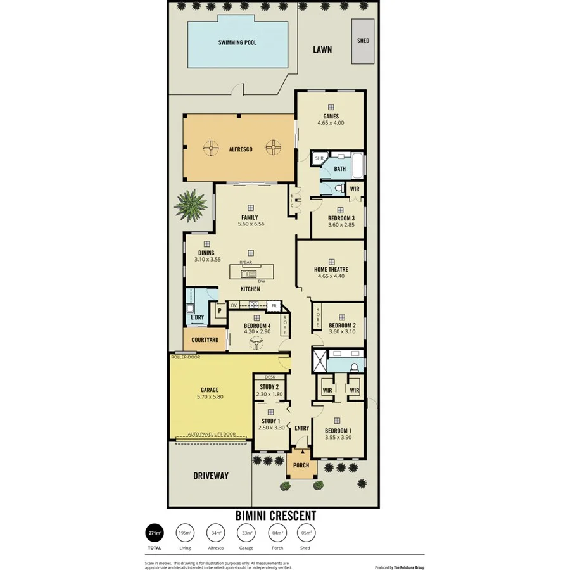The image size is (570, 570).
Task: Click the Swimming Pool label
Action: [237, 43]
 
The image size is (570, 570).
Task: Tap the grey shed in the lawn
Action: [363, 41]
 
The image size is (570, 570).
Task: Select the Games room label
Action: [331, 117]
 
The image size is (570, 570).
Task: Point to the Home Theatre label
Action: [331, 269]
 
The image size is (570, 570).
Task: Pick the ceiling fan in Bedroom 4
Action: [256, 343]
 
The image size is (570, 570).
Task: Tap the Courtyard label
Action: [205, 340]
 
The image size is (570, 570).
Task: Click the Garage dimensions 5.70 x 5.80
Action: [210, 397]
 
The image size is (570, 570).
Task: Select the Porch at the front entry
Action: [301, 465]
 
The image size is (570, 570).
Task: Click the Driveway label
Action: [210, 475]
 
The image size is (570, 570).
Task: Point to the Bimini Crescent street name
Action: [275, 516]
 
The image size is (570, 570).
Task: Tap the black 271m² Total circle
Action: [155, 533]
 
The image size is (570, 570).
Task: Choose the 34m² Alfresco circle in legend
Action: [216, 533]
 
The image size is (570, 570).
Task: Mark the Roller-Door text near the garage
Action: [186, 357]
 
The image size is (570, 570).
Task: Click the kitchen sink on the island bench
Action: [248, 274]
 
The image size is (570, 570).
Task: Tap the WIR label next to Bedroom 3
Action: [354, 189]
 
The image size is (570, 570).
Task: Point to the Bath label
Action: [340, 169]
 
